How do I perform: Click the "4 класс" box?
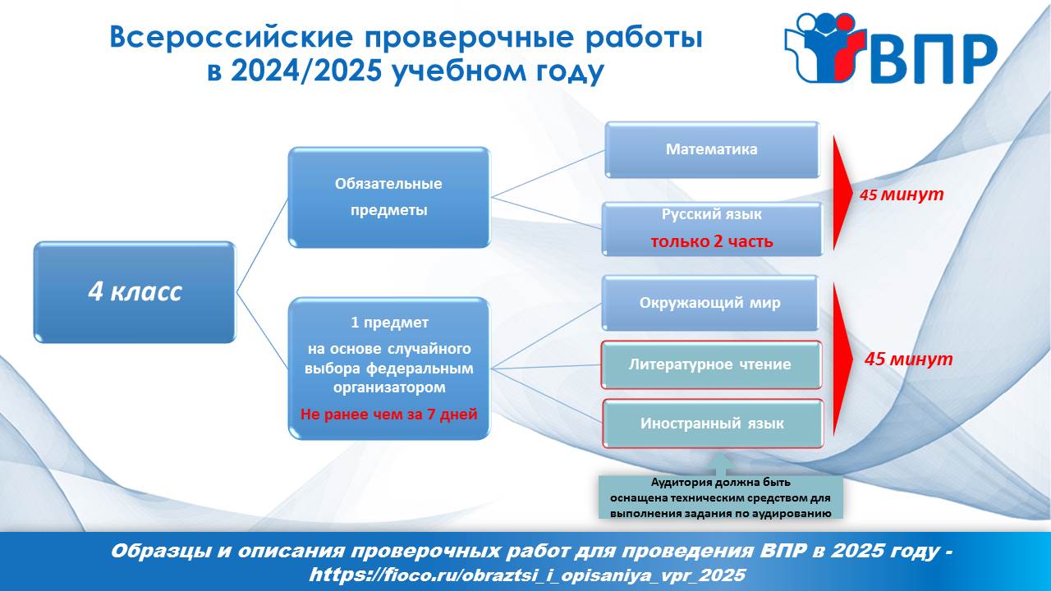pos(135,291)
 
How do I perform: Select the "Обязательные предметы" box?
pos(389,197)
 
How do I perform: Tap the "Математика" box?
pos(712,149)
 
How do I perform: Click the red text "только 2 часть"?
pos(712,241)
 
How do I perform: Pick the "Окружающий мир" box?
pos(710,303)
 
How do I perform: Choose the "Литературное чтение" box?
pos(711,365)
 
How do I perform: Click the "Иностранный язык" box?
pos(712,424)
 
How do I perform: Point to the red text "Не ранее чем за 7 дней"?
pos(389,415)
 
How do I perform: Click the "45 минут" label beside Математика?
pos(902,195)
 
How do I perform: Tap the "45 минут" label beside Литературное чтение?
pos(908,359)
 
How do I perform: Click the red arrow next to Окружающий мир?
pos(842,359)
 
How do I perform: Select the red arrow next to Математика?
pos(842,193)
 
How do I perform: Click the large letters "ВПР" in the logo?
pos(933,58)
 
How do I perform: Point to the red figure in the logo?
pos(846,47)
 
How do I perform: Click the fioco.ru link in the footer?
pos(527,575)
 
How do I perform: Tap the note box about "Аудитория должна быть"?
pos(721,497)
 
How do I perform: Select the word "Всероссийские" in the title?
pos(231,38)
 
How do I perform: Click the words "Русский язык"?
pos(712,214)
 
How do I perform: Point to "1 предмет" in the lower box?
pos(389,323)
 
